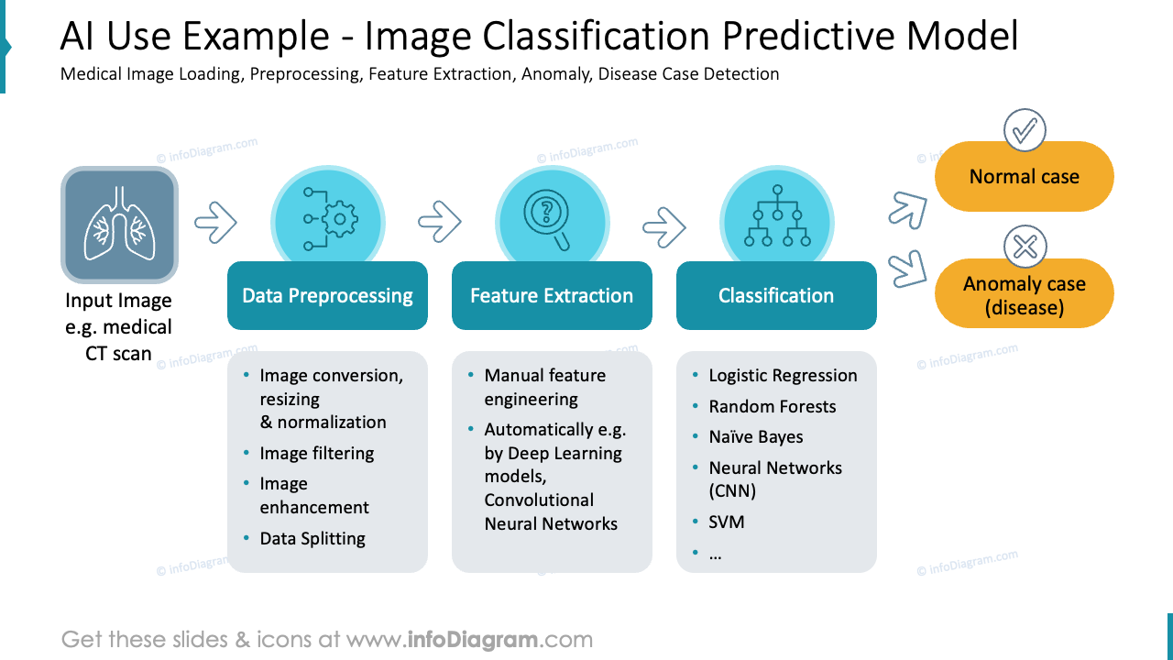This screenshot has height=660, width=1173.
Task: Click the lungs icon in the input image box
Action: pos(119,224)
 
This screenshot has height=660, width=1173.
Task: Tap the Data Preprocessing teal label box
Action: pos(327,295)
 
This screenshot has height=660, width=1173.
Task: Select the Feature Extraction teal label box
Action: pos(552,295)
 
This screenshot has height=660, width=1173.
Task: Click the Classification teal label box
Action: pos(776,295)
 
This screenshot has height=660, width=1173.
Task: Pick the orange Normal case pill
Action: pos(1024,177)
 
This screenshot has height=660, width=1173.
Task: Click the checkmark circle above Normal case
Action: pos(1025,130)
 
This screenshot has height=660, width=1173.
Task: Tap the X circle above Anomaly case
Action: pos(1025,247)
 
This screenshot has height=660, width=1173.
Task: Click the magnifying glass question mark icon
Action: pos(547,218)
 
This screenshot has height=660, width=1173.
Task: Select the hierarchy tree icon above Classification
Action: pos(776,216)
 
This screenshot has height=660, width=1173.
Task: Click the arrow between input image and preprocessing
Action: pos(216,222)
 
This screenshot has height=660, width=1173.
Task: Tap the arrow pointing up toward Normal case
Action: pos(908,208)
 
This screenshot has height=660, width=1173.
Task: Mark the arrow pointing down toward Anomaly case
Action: pos(908,268)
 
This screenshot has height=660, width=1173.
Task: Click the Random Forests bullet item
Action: pos(772,406)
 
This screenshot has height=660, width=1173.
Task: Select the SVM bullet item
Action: pos(726,522)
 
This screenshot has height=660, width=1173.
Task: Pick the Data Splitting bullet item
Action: pos(312,538)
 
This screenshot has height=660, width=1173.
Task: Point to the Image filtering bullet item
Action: pos(316,453)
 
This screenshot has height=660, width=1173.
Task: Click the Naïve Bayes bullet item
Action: pos(755,437)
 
